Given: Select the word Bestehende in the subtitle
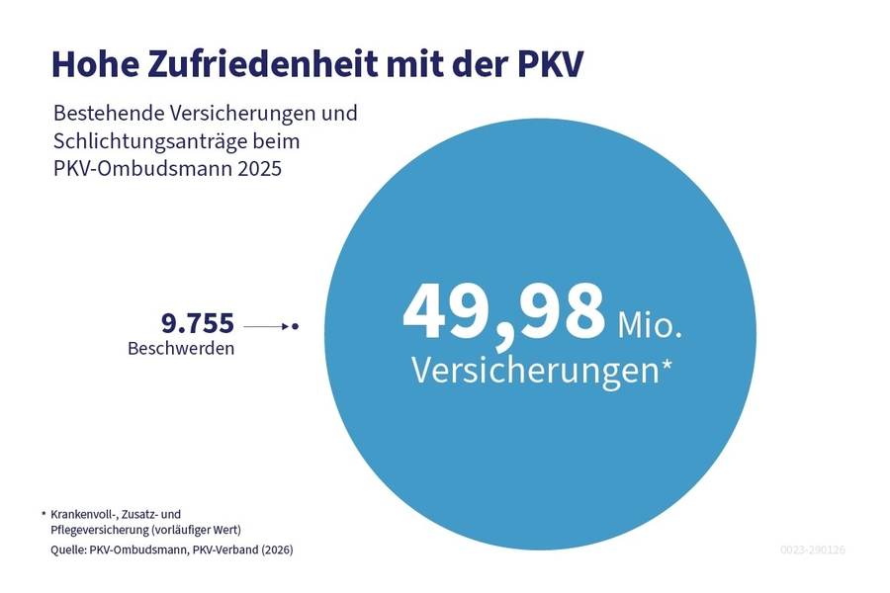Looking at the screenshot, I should pos(107,113).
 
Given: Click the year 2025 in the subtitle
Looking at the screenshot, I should pos(259,169).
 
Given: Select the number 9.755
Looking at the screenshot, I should pos(197,323).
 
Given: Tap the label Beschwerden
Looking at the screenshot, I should pos(181,349).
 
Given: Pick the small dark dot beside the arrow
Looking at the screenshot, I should pos(295,325).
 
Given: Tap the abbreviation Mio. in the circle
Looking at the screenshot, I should pos(650,323).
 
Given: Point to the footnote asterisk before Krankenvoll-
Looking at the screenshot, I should pos(44,514).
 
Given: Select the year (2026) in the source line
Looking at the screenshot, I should pos(275,550).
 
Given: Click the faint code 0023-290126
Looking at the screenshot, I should pos(812,550).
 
